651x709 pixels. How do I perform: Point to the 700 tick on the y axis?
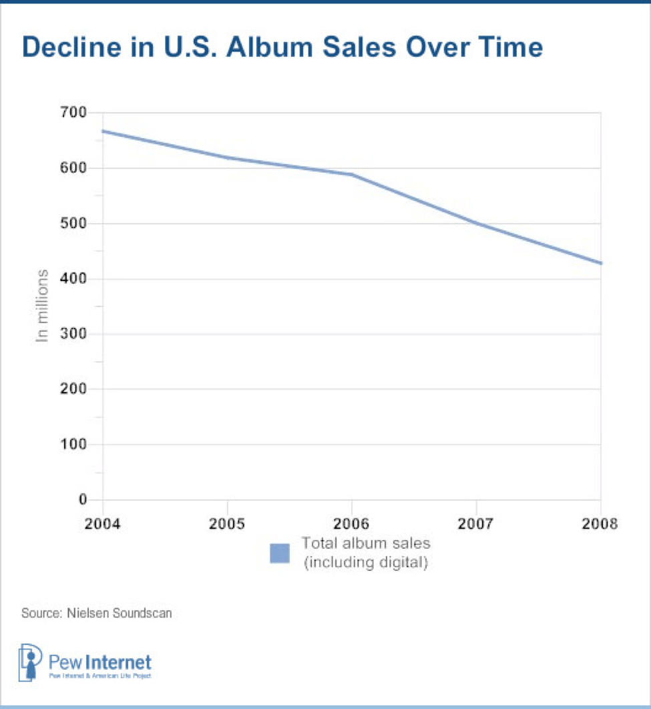(75, 113)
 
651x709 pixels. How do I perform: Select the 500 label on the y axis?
(75, 224)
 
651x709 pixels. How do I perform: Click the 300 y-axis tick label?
(75, 334)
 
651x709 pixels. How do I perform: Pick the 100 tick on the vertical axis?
(75, 445)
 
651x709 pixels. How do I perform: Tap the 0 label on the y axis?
(83, 499)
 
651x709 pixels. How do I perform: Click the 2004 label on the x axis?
(103, 523)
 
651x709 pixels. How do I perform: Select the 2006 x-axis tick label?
(352, 523)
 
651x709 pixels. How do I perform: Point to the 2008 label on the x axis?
(600, 523)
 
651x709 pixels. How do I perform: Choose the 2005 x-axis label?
(228, 523)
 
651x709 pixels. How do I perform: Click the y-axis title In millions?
(43, 306)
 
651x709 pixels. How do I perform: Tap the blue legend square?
(280, 553)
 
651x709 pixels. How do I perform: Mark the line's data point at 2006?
(352, 175)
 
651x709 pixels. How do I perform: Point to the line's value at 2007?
(476, 223)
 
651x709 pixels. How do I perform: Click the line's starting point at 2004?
(103, 131)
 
